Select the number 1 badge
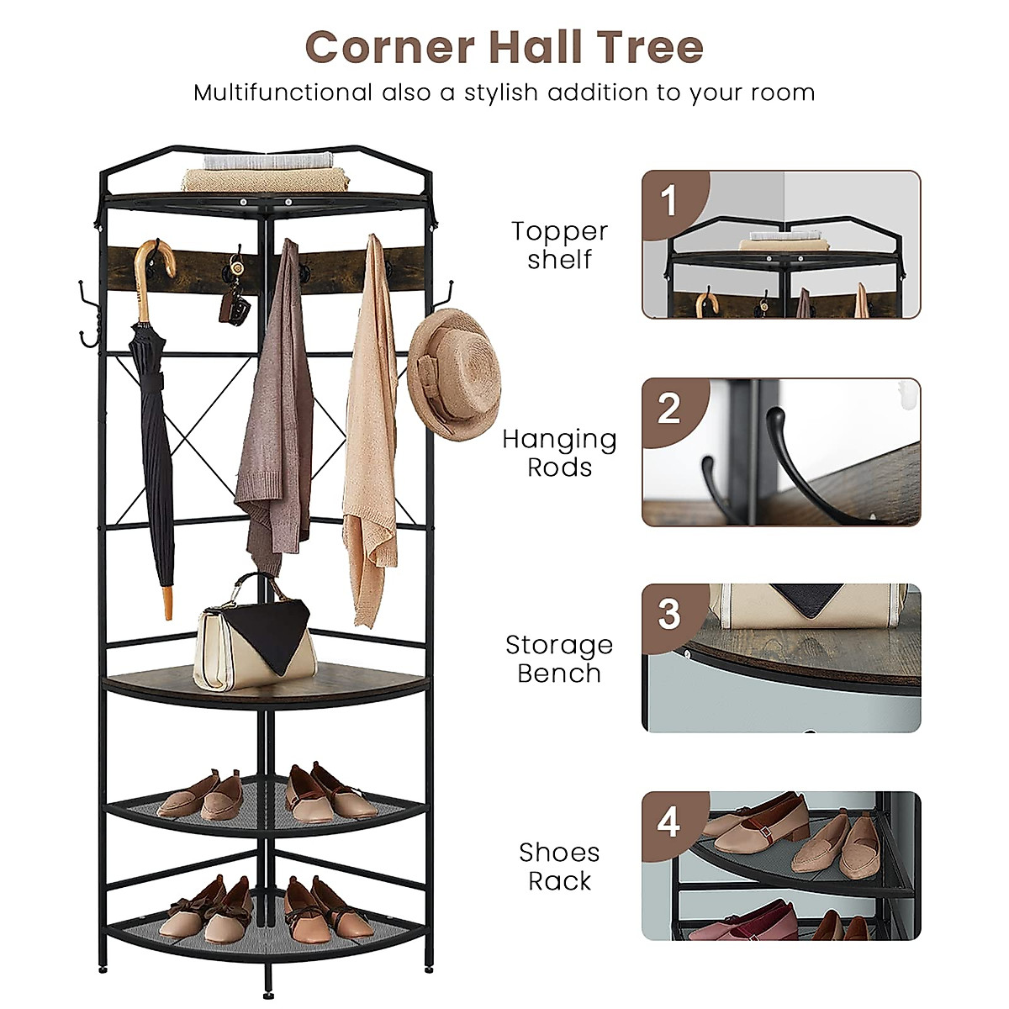coord(668,202)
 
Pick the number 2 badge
coord(668,409)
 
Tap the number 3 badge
coord(668,615)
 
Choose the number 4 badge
coord(668,821)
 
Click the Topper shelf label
coord(559,245)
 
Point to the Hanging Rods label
coord(559,452)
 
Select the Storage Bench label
coord(559,658)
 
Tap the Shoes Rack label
coord(559,866)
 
